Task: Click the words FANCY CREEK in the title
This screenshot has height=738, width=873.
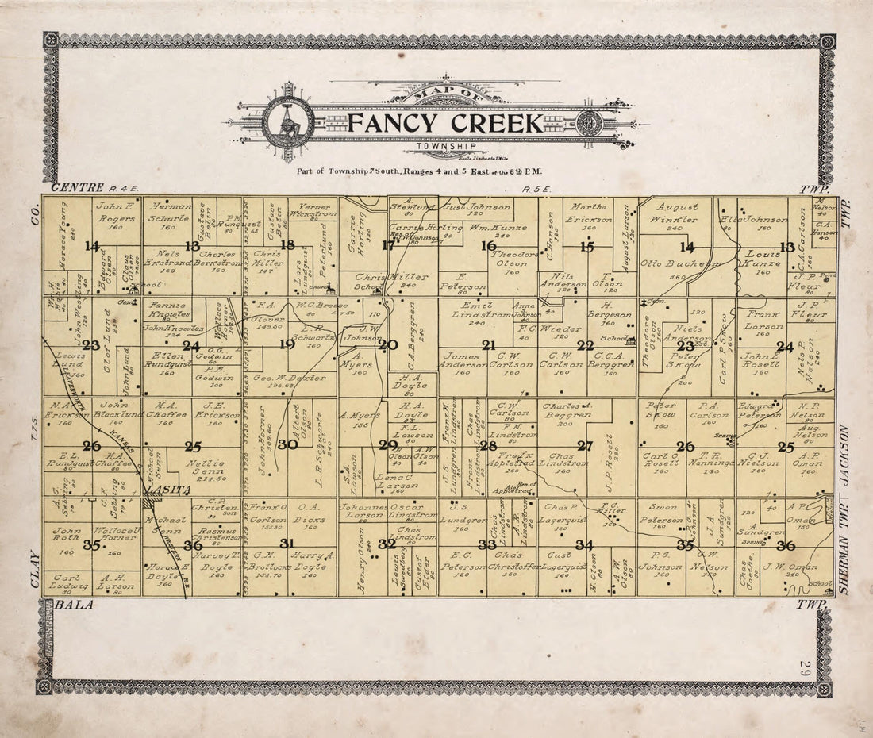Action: tap(446, 124)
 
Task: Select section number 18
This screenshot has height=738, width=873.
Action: tap(287, 245)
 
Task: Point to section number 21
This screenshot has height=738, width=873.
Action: tap(489, 345)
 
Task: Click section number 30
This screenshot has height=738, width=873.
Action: tap(287, 445)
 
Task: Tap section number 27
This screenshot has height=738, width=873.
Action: tap(586, 445)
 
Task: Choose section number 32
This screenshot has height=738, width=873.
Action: tap(387, 544)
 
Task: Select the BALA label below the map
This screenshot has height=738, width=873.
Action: tap(73, 605)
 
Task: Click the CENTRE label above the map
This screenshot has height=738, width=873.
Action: tap(77, 188)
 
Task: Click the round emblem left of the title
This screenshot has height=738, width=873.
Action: tap(288, 123)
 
